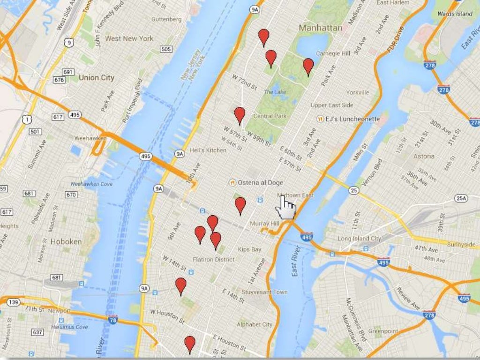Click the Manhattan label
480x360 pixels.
pyautogui.click(x=320, y=28)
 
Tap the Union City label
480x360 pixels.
pyautogui.click(x=96, y=77)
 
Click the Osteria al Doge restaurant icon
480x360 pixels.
pyautogui.click(x=232, y=182)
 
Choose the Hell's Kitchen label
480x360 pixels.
pyautogui.click(x=208, y=150)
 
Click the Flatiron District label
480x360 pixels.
pyautogui.click(x=213, y=260)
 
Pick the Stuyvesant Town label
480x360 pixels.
pyautogui.click(x=264, y=292)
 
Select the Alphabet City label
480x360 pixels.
pyautogui.click(x=255, y=324)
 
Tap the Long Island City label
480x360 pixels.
pyautogui.click(x=360, y=239)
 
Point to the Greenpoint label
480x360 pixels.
pyautogui.click(x=383, y=331)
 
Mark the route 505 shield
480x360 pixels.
pyautogui.click(x=165, y=49)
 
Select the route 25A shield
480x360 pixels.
pyautogui.click(x=461, y=199)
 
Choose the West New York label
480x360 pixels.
pyautogui.click(x=129, y=38)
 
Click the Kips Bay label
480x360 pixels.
pyautogui.click(x=249, y=249)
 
